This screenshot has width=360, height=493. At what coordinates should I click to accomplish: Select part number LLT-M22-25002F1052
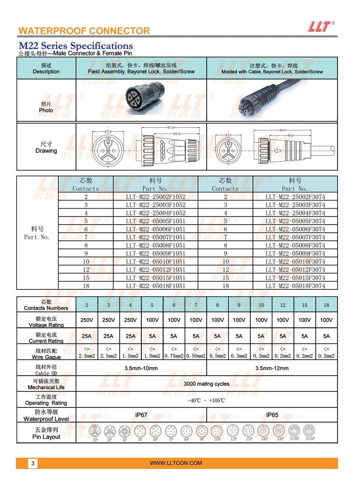click(x=156, y=197)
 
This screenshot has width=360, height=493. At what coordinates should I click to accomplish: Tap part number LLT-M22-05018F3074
click(x=295, y=286)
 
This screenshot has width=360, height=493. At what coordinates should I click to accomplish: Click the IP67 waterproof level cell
click(x=141, y=415)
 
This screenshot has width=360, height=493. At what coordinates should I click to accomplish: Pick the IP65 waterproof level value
click(x=272, y=415)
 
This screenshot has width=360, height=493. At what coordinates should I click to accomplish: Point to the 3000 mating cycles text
click(x=206, y=384)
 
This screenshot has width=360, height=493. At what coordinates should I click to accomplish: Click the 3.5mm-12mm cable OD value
click(x=272, y=368)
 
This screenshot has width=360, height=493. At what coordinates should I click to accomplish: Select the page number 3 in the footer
click(x=33, y=463)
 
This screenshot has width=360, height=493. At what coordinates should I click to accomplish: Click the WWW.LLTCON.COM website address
click(x=176, y=463)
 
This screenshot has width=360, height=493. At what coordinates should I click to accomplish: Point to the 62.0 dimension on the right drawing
click(x=282, y=130)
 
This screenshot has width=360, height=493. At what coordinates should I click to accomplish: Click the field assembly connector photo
click(x=141, y=100)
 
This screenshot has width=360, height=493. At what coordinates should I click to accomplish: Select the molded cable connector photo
click(x=271, y=100)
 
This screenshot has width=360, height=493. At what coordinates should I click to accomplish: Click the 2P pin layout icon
click(x=95, y=432)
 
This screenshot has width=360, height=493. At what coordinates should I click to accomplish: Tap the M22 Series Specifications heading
click(x=75, y=45)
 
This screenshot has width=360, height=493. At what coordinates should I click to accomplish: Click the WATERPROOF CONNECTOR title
click(x=84, y=31)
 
